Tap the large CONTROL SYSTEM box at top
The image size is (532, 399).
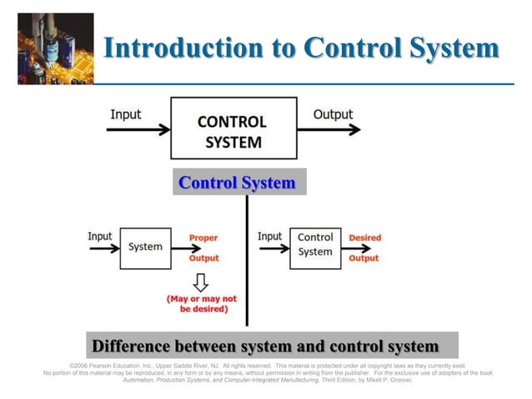[233, 128]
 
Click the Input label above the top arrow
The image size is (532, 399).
[126, 114]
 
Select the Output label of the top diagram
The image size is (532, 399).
[333, 114]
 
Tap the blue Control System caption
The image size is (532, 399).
[238, 183]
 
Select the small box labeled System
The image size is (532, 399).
[145, 247]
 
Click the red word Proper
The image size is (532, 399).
[203, 238]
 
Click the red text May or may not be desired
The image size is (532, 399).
[202, 304]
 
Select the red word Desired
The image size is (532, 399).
[364, 238]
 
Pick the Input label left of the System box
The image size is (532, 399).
[100, 236]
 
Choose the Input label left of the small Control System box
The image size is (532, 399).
[270, 236]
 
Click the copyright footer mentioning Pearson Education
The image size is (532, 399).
[267, 372]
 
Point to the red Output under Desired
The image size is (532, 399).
[364, 258]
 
